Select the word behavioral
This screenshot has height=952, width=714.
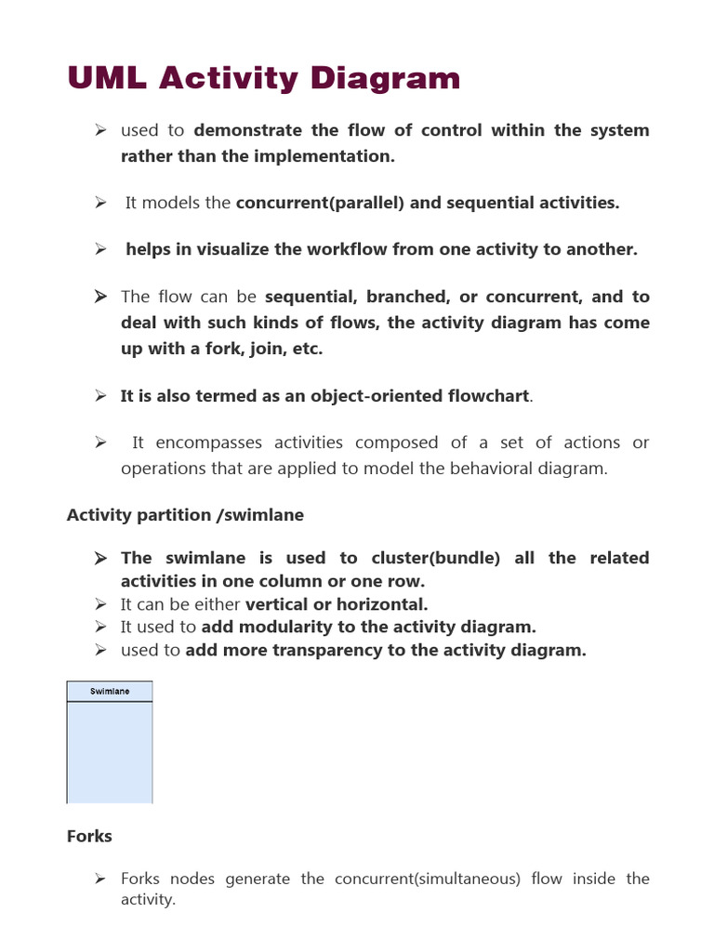coord(484,469)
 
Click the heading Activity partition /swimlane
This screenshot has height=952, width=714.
coord(185,515)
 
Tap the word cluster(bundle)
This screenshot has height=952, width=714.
coord(434,558)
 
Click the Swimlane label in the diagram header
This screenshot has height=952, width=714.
coord(110,692)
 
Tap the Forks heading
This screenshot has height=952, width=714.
coord(89,837)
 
